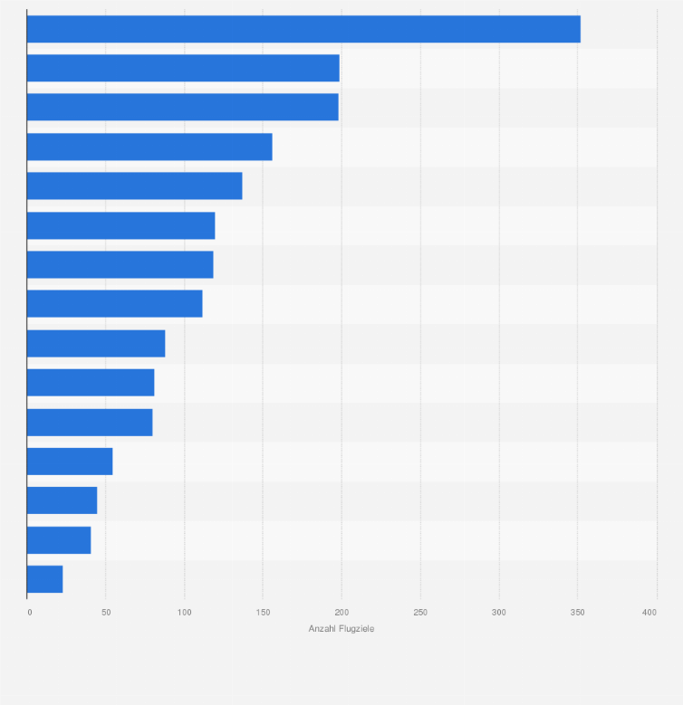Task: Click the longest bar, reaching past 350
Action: pyautogui.click(x=303, y=29)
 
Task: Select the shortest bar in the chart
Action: pyautogui.click(x=44, y=579)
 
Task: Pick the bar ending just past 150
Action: pyautogui.click(x=149, y=147)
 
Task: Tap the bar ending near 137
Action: pyautogui.click(x=134, y=186)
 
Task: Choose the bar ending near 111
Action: pyautogui.click(x=114, y=303)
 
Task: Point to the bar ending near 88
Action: pyautogui.click(x=96, y=343)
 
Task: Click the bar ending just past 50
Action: pyautogui.click(x=70, y=462)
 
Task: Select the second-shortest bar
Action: pyautogui.click(x=59, y=540)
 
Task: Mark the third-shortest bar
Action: pyautogui.click(x=62, y=500)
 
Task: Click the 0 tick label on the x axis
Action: pyautogui.click(x=30, y=613)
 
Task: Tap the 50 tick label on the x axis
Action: pyautogui.click(x=106, y=613)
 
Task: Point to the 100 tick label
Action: pyautogui.click(x=184, y=613)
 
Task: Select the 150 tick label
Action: pyautogui.click(x=263, y=613)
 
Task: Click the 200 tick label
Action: pyautogui.click(x=341, y=613)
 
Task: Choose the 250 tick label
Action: pyautogui.click(x=420, y=613)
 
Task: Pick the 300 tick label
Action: pyautogui.click(x=499, y=613)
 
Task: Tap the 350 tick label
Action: pyautogui.click(x=578, y=613)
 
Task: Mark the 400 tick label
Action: pyautogui.click(x=649, y=613)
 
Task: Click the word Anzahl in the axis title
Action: pyautogui.click(x=322, y=629)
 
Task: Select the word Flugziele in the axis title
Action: pyautogui.click(x=356, y=629)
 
